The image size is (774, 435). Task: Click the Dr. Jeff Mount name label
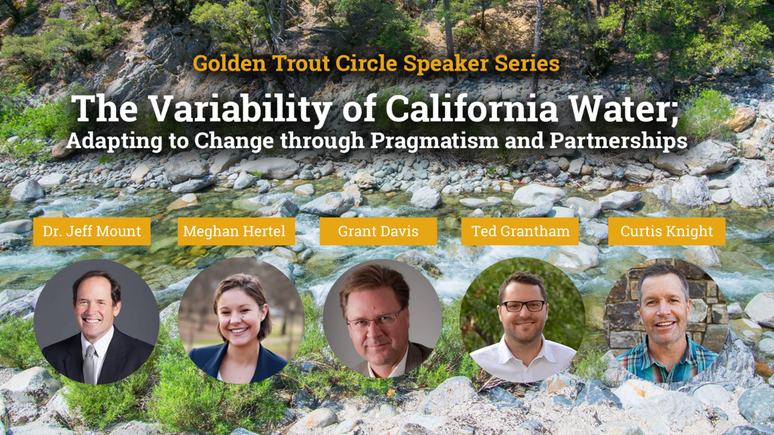coord(92,231)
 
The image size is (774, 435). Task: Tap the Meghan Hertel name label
coord(236,231)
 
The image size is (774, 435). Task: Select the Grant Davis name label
coord(378,231)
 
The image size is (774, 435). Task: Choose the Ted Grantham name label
coord(520,231)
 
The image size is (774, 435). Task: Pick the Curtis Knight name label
coord(667,231)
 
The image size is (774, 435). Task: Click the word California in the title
coord(471,109)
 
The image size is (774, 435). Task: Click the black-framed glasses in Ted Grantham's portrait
coord(524,306)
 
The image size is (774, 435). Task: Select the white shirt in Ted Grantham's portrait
coord(522,359)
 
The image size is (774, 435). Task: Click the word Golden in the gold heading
coord(230,63)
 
